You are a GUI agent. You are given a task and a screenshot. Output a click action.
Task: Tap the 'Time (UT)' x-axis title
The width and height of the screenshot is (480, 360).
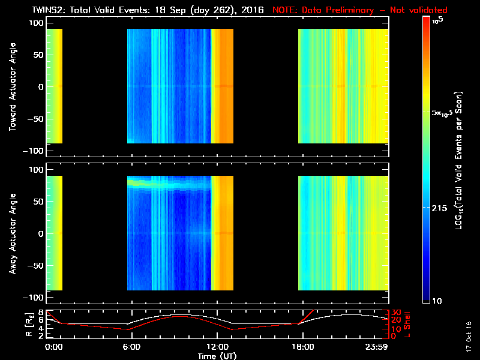[217, 356]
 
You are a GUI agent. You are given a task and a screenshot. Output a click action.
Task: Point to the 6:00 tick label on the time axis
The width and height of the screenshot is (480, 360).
[131, 347]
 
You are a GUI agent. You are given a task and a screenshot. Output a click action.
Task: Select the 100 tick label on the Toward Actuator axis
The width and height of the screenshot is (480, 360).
[37, 22]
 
